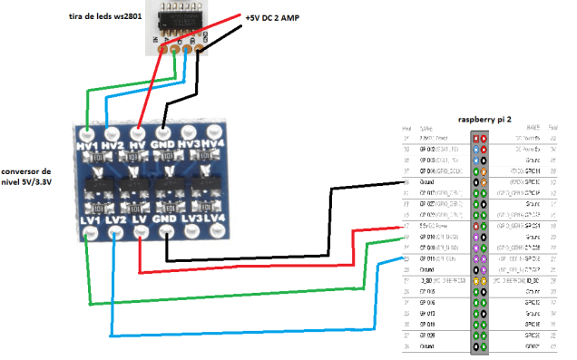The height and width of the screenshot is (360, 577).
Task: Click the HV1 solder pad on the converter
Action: [x=86, y=131]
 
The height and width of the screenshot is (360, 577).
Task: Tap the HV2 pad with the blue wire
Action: [x=112, y=131]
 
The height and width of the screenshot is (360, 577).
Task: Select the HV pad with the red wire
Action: [x=138, y=131]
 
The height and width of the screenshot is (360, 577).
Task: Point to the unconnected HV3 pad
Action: [x=189, y=131]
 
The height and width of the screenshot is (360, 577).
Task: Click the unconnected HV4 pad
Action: [x=213, y=131]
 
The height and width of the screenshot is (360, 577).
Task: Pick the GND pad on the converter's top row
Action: [x=163, y=131]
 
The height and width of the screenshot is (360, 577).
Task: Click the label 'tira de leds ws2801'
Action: [x=105, y=17]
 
